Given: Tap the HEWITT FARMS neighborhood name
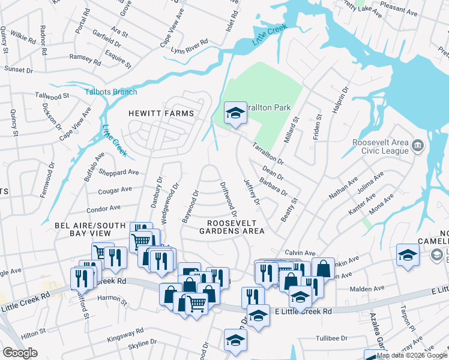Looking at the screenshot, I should click(161, 113).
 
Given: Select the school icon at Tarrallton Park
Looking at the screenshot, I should click(235, 112).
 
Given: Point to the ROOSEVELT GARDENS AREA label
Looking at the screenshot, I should click(232, 226).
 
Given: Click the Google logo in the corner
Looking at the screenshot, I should click(20, 353).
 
